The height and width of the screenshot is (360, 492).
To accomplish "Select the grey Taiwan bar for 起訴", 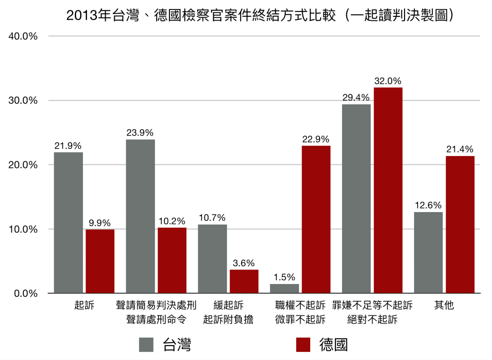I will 68,223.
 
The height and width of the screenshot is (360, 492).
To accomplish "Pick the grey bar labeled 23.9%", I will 140,216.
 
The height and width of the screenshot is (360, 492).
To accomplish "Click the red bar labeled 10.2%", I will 172,260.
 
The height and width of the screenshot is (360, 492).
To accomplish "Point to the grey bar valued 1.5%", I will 284,289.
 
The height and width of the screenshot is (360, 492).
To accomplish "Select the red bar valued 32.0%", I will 388,190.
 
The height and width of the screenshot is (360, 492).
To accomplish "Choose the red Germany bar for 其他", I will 460,224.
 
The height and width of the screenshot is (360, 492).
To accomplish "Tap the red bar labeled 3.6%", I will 244,281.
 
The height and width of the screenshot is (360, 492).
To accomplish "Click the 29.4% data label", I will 356,97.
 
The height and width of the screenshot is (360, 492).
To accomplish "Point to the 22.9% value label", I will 316,139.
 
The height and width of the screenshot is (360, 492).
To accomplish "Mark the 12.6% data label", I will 428,205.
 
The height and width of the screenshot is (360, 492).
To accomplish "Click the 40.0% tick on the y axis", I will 23,36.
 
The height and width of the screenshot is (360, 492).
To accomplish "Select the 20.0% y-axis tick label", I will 23,165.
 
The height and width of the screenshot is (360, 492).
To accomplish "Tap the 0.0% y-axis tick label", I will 25,294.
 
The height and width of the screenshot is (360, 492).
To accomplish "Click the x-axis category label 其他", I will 444,305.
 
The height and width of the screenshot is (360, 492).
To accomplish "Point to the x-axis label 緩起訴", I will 228,305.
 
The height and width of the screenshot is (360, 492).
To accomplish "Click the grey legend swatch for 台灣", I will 146,345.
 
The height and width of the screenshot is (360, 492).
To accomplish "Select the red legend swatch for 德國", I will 303,345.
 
